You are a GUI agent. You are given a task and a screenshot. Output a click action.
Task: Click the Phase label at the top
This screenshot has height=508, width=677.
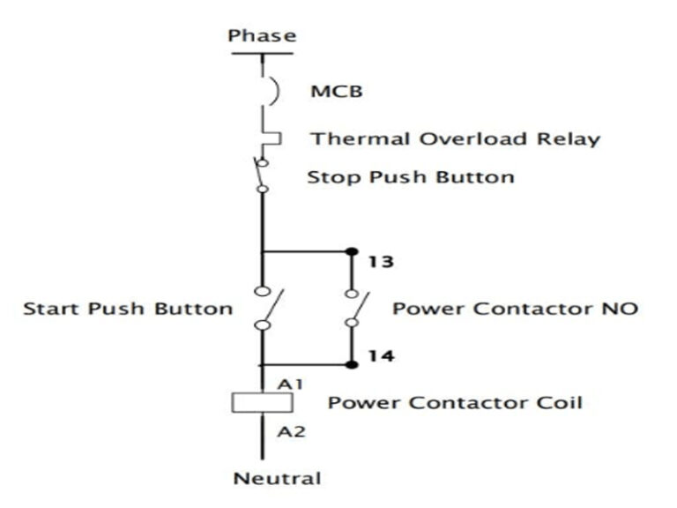[262, 36]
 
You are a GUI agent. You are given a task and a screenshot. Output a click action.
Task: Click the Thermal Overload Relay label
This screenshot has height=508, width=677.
[455, 138]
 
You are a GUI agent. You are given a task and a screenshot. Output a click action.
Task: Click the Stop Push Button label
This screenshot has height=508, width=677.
[410, 176]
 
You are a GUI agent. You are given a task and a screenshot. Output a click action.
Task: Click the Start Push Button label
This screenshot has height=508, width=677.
[128, 308]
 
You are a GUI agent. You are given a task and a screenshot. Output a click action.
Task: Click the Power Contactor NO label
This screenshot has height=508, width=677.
[515, 308]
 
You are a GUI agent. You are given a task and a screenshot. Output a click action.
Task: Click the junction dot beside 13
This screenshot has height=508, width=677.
[351, 251]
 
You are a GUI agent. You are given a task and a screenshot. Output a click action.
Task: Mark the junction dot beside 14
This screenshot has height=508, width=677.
[351, 364]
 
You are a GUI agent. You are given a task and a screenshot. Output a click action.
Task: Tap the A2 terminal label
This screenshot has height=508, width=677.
[290, 431]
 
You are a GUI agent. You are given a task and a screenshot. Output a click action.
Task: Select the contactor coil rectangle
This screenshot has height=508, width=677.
[262, 403]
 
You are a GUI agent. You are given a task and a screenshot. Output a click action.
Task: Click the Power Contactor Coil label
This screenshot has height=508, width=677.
[455, 403]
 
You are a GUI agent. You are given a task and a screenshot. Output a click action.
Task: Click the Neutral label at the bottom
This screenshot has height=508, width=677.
[277, 479]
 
